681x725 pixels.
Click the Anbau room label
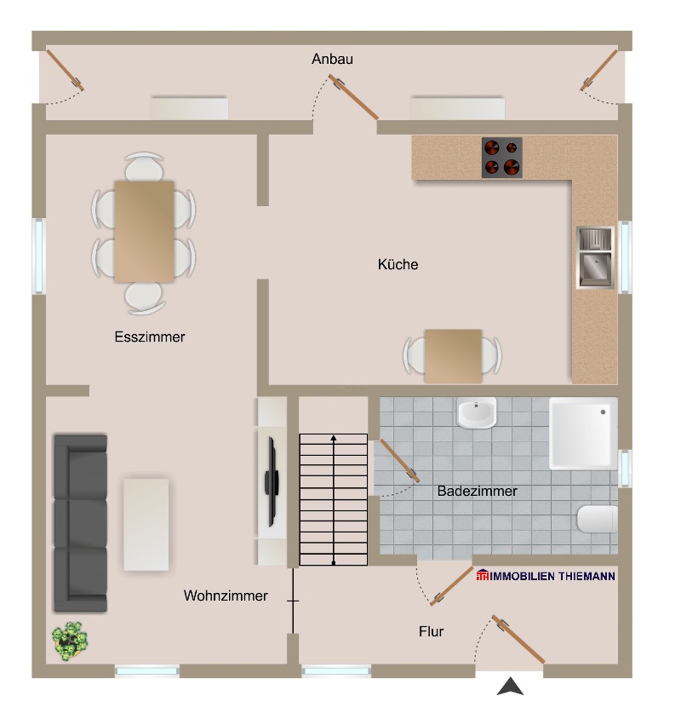(332, 60)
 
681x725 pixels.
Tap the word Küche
(398, 265)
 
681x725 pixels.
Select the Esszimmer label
(150, 337)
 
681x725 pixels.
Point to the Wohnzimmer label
(226, 596)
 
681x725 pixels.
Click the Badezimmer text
(477, 492)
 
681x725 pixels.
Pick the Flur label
(431, 632)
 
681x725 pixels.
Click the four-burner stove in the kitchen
(501, 158)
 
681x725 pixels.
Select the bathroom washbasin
(477, 414)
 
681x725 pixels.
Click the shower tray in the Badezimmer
(583, 434)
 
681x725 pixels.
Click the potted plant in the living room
(70, 640)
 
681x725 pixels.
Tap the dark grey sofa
(80, 523)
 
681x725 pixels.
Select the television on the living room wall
(272, 480)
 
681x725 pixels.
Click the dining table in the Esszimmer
(145, 231)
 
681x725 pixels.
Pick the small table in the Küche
(453, 355)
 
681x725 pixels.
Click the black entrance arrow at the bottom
(510, 686)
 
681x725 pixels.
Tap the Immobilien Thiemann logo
(547, 577)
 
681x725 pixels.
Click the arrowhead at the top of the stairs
(334, 438)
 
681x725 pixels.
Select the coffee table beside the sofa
(146, 524)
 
